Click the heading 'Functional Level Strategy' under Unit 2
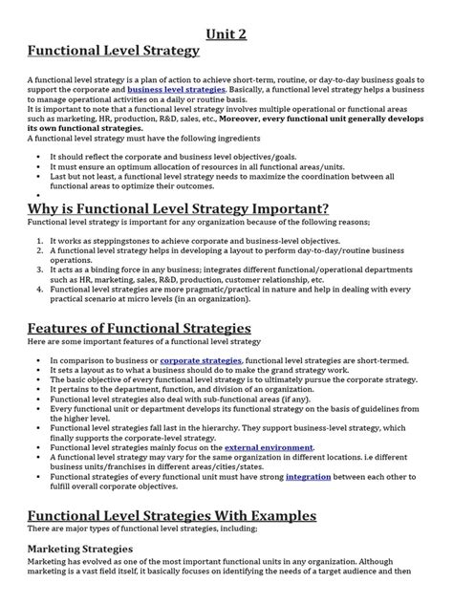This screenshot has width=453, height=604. coord(115,50)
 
